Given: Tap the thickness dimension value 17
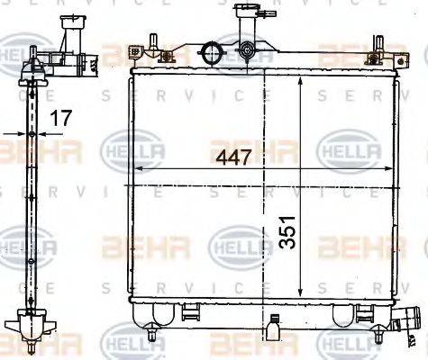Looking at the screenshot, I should click(x=59, y=117).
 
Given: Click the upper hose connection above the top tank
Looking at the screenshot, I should click(x=246, y=18).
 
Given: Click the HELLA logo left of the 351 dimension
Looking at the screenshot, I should click(x=236, y=244).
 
